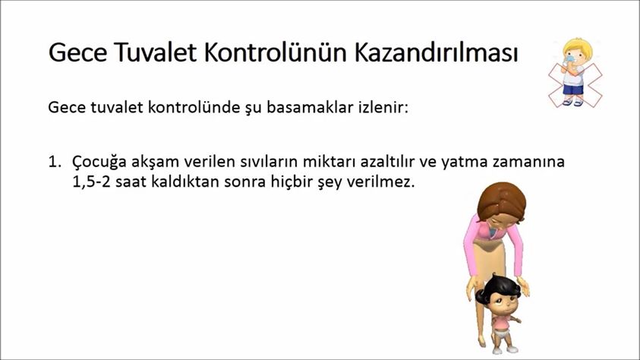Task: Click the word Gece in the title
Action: pyautogui.click(x=77, y=52)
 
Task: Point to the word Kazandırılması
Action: pyautogui.click(x=437, y=52)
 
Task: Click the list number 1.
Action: pyautogui.click(x=55, y=162)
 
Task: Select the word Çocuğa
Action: pyautogui.click(x=99, y=163)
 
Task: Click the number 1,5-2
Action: pyautogui.click(x=91, y=182)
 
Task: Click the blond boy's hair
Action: pyautogui.click(x=578, y=46)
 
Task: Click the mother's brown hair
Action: pyautogui.click(x=502, y=201)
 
